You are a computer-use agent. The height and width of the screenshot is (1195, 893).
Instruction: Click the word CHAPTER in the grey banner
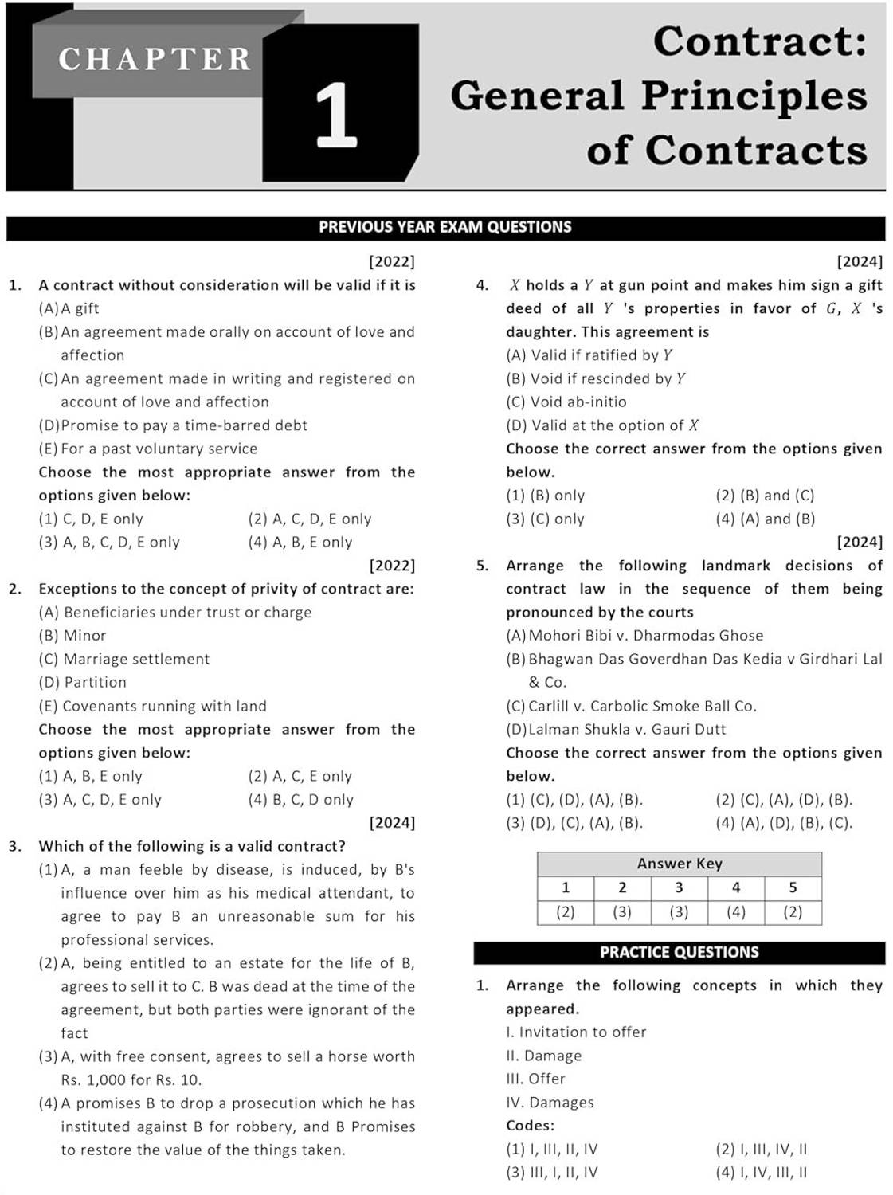pos(155,59)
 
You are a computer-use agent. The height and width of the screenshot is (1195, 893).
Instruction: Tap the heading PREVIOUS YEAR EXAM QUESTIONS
pos(445,227)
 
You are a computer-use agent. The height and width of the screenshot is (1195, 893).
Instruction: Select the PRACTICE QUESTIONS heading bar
pos(679,952)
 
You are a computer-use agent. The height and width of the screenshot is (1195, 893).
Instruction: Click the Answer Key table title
pos(679,864)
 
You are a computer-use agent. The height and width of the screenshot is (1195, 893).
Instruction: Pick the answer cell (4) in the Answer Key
pos(735,912)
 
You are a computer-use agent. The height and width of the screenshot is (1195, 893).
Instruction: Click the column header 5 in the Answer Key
pos(792,887)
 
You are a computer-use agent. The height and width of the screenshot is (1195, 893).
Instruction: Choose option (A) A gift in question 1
pos(69,308)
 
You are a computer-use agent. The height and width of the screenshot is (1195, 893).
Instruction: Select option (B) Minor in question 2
pos(72,636)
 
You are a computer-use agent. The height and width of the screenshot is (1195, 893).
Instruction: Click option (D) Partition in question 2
pos(83,683)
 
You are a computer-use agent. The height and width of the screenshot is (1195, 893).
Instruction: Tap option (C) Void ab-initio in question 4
pos(566,402)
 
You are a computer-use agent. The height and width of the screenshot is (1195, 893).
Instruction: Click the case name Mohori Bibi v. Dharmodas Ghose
pos(645,636)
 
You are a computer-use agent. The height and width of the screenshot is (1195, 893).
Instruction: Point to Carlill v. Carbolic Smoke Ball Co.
pos(642,706)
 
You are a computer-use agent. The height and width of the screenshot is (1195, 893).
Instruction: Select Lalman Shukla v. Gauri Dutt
pos(627,730)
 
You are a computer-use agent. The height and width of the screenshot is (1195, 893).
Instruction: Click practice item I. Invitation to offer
pos(576,1032)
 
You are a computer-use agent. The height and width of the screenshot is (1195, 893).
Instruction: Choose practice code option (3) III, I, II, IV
pos(551,1173)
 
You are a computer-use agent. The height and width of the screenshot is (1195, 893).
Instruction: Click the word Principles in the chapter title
pos(754,96)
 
